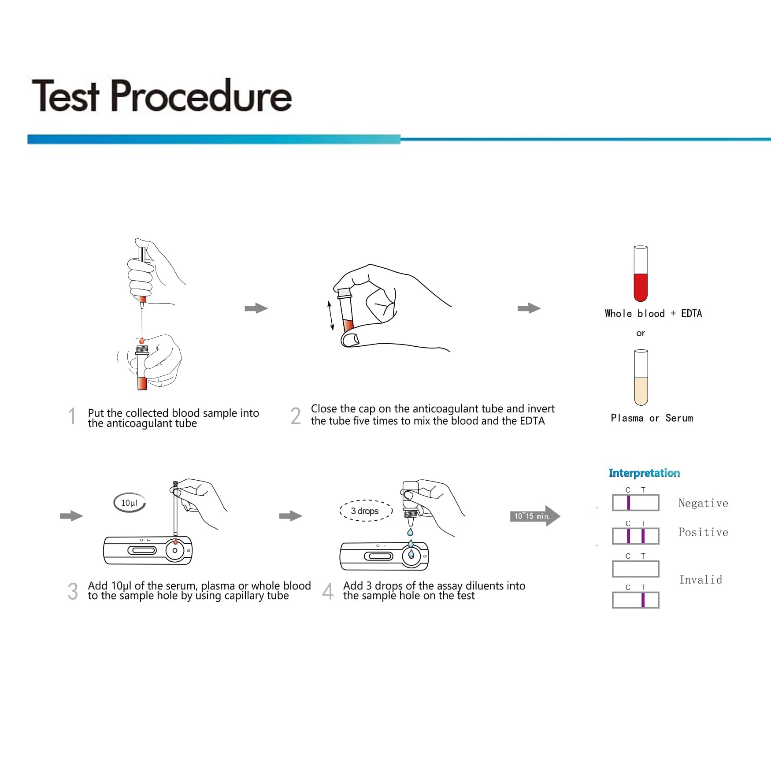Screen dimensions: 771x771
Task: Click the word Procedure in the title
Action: tap(201, 96)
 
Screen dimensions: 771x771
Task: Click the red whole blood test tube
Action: tap(640, 274)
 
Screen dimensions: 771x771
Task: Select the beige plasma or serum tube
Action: tap(641, 378)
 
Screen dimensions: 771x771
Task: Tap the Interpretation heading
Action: tap(644, 473)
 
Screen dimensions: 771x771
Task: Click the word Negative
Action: tap(703, 503)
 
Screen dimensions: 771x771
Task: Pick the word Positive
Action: tap(703, 532)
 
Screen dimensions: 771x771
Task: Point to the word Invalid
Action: tap(701, 580)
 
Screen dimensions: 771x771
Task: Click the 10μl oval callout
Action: tap(129, 503)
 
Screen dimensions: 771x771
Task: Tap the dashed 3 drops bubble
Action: tap(365, 511)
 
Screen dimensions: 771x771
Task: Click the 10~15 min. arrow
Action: tap(534, 516)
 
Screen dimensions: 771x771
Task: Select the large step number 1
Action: tap(72, 416)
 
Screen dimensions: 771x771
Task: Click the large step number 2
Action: tap(296, 416)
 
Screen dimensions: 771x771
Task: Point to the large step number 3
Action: tap(73, 591)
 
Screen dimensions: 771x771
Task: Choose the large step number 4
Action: tap(328, 591)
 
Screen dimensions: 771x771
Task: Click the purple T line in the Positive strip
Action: tap(643, 536)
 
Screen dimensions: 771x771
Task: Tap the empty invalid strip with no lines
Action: tap(635, 569)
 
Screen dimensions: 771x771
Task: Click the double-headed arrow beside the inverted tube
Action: tap(330, 316)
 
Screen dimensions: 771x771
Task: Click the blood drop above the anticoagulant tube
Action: tap(141, 341)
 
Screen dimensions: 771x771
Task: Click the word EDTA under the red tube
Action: tap(691, 314)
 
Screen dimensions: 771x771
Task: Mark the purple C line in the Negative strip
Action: tap(628, 503)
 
